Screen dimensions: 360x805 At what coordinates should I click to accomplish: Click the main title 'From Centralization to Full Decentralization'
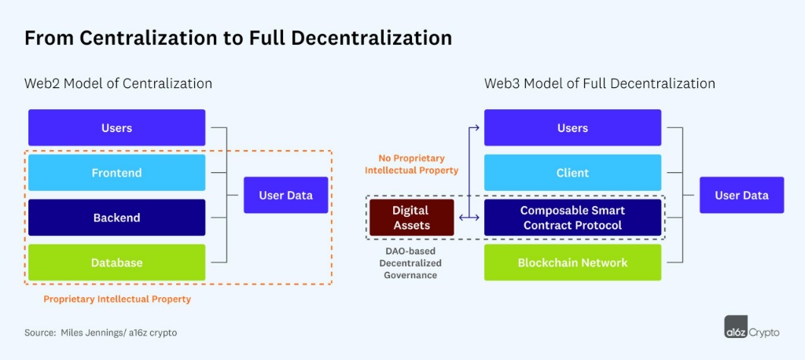238,38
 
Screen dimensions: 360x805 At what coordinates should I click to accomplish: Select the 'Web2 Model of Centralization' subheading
118,83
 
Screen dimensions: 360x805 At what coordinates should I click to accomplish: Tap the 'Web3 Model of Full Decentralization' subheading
599,83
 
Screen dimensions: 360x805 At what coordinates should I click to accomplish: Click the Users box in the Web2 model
116,127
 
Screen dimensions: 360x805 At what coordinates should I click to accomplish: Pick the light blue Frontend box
116,173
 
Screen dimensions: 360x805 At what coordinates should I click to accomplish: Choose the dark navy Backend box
116,218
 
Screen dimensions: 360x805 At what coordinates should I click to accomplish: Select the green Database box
116,263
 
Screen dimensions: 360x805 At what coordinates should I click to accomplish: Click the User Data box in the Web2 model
285,195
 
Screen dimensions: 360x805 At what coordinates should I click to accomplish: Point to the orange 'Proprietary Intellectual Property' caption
117,299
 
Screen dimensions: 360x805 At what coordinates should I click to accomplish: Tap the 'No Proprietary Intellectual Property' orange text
412,163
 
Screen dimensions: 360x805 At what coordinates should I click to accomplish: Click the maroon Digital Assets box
411,218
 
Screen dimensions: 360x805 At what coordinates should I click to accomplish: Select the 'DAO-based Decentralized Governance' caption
411,263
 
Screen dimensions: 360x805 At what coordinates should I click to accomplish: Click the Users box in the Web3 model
572,127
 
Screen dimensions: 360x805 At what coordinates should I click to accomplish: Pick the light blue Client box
572,173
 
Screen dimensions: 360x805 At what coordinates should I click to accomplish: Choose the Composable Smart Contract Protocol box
572,218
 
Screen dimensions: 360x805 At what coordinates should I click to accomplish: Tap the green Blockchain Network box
572,263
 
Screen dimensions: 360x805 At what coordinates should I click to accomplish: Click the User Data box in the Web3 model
741,195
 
